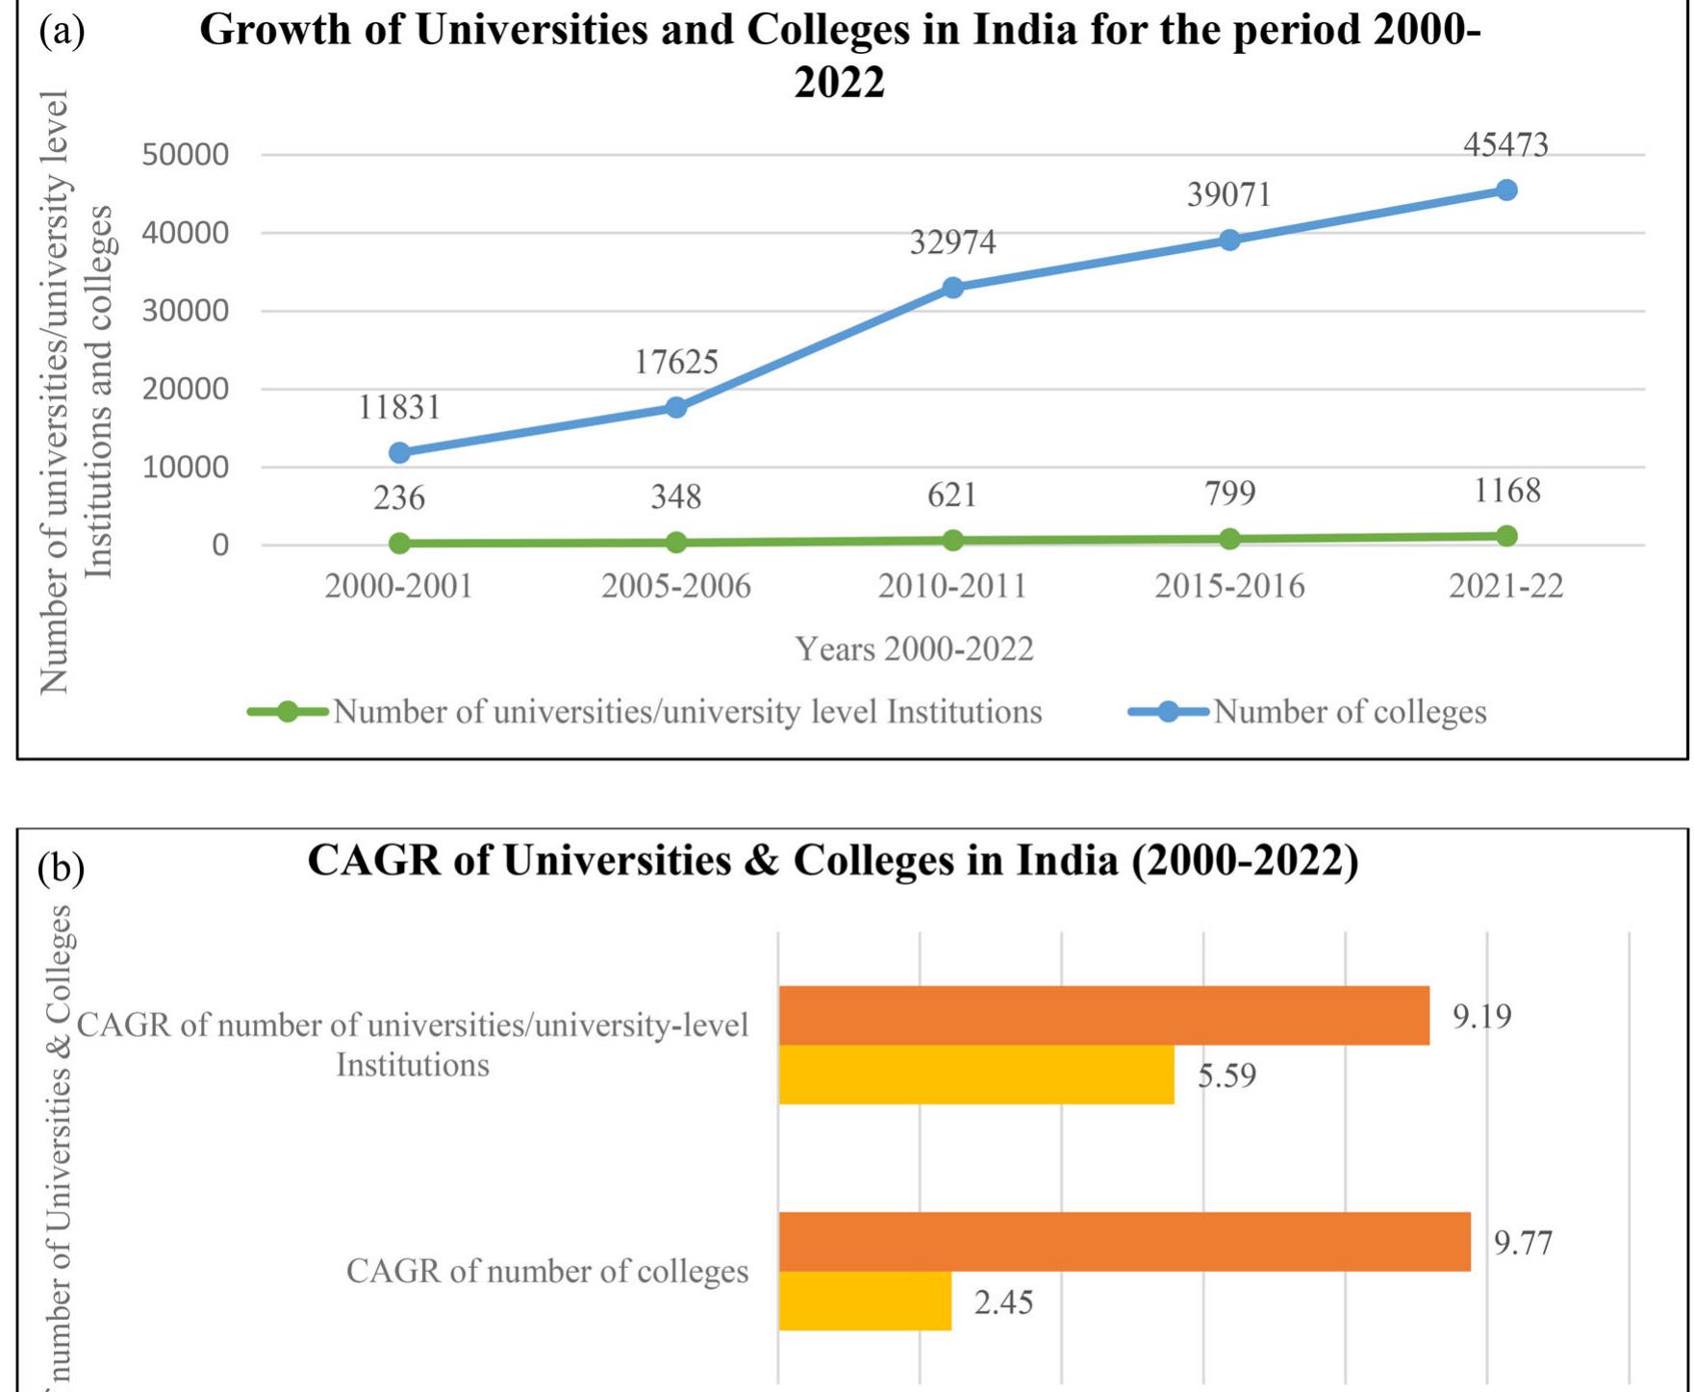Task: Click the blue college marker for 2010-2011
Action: click(x=952, y=288)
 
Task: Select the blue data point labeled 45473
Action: click(x=1506, y=190)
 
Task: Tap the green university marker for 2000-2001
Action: click(x=399, y=544)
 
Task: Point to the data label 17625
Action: click(x=675, y=363)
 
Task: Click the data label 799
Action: click(x=1229, y=494)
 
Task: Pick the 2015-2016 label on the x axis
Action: click(x=1229, y=586)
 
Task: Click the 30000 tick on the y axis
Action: click(x=186, y=311)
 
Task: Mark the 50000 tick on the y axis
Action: click(x=186, y=154)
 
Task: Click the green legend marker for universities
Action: click(x=287, y=712)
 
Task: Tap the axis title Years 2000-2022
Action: click(x=914, y=649)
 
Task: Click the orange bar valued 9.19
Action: click(x=1103, y=1016)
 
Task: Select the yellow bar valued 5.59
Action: click(x=975, y=1075)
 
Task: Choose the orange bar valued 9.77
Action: click(x=1124, y=1242)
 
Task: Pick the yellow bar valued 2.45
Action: click(x=864, y=1302)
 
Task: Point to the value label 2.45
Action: click(x=1003, y=1303)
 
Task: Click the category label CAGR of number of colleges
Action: click(x=546, y=1272)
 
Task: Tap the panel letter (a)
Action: click(x=62, y=31)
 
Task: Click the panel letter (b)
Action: click(x=61, y=868)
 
